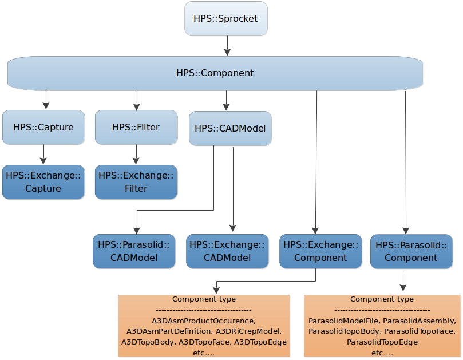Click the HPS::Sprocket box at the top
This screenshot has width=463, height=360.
click(225, 19)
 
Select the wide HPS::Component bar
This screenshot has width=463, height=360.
click(215, 73)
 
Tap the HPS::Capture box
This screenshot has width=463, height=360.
click(43, 127)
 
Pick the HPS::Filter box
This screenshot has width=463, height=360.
click(136, 127)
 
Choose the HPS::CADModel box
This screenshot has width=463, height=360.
click(230, 128)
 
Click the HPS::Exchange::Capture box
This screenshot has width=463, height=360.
click(43, 182)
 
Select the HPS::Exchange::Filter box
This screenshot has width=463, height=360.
click(136, 182)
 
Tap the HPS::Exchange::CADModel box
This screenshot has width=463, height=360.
click(227, 251)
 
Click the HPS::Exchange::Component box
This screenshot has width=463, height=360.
click(320, 251)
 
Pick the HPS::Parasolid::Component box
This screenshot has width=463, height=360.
click(411, 251)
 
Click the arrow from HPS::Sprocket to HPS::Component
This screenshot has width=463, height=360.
click(227, 46)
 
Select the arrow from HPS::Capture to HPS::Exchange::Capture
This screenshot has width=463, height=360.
click(43, 155)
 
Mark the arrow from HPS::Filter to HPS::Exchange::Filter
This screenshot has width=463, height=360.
click(136, 155)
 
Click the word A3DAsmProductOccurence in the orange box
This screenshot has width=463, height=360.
click(203, 321)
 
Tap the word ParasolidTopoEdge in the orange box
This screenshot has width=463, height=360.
click(382, 342)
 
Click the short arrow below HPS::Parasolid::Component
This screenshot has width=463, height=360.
click(404, 280)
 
